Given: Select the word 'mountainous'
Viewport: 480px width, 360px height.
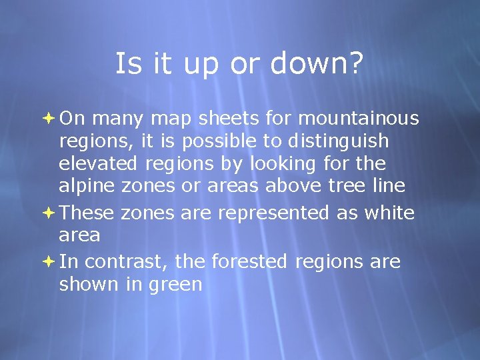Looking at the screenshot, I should pos(359,119).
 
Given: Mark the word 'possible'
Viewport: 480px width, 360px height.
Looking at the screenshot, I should pos(215,142).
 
